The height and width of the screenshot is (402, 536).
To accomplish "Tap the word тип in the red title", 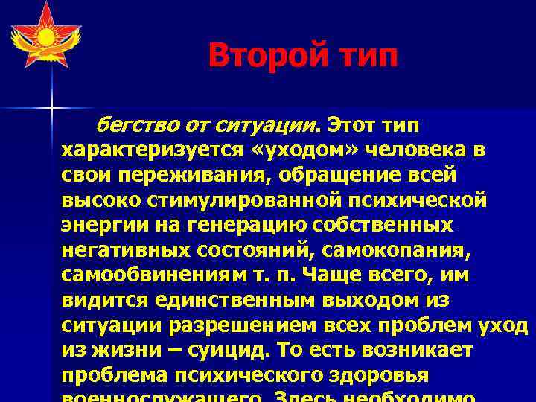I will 366,55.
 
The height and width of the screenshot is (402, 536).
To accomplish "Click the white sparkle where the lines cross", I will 53,109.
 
